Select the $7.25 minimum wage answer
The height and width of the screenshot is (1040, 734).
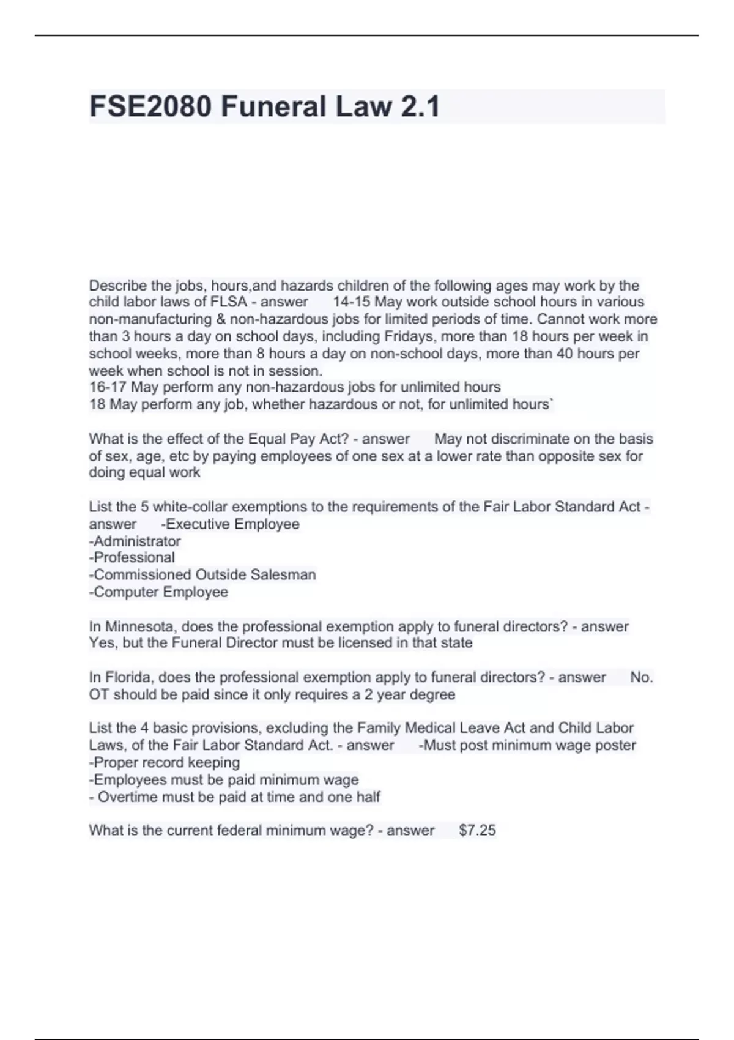click(x=477, y=830)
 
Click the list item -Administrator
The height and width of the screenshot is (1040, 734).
click(x=135, y=541)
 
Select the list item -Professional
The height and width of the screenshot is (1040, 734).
click(x=132, y=557)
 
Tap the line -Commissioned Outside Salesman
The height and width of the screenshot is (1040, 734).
click(x=202, y=574)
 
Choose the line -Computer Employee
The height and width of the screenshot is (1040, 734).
click(x=158, y=592)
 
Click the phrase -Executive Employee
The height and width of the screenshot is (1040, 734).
click(x=230, y=524)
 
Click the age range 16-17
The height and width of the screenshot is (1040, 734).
click(x=108, y=387)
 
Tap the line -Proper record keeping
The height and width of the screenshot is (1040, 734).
click(x=165, y=762)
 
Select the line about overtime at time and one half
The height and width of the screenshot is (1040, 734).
click(x=235, y=797)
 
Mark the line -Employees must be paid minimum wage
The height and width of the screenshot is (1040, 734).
click(x=224, y=779)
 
